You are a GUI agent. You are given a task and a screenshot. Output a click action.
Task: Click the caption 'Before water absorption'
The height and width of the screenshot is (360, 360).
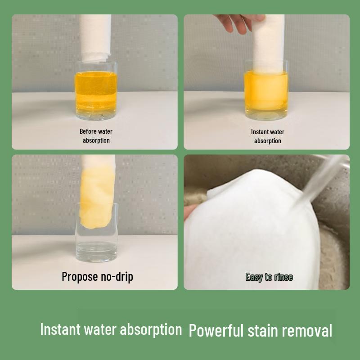[96, 136]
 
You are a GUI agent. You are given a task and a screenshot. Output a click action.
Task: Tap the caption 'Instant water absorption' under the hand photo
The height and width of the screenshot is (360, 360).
[267, 136]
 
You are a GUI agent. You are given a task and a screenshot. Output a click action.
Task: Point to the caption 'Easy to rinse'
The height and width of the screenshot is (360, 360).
[269, 277]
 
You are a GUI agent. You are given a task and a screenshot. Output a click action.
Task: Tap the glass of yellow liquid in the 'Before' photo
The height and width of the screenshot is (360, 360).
[96, 92]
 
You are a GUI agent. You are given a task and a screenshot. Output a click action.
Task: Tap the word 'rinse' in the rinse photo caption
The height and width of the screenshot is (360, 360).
[283, 277]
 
